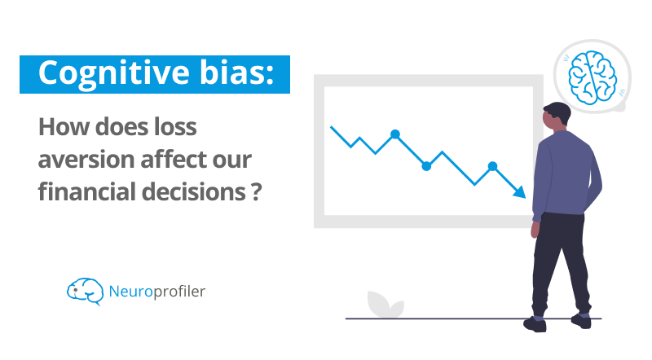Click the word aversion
point(86,160)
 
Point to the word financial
point(86,191)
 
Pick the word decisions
point(194,192)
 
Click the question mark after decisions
point(257,192)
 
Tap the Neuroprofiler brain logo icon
point(86,292)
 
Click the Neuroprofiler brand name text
point(156,292)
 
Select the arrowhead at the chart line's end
point(520,192)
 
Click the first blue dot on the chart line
point(395,134)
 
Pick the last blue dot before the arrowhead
point(492,166)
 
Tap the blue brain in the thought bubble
point(593,77)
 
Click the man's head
point(557,115)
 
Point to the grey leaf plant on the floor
point(385,305)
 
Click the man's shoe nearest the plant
point(535,324)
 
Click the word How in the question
point(64,127)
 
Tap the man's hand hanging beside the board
point(535,230)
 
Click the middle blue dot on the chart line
point(426,166)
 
